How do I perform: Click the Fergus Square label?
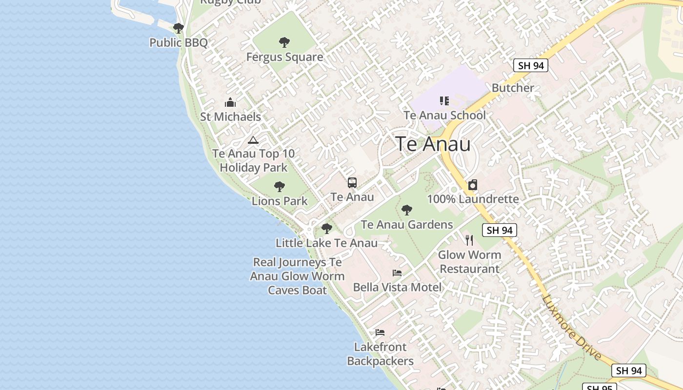pos(284,57)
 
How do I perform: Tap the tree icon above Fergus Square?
pos(284,42)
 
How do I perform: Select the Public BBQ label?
pos(179,42)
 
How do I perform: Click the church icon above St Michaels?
pos(230,102)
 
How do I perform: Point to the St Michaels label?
pos(230,117)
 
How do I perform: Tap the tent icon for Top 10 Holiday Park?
pos(253,140)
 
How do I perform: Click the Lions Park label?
pos(280,201)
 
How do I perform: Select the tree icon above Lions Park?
pos(280,186)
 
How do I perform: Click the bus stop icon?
pos(352,183)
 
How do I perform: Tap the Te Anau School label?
pos(444,116)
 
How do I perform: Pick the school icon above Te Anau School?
pos(444,101)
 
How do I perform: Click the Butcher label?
pos(513,88)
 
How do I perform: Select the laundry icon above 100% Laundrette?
pos(473,185)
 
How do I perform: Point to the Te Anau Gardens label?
pos(407,225)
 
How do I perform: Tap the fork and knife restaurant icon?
pos(469,240)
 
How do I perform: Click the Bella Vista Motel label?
pos(397,287)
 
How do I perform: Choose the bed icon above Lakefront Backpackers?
pos(380,332)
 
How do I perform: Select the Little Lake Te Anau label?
pos(326,243)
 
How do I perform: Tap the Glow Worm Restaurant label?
pos(469,262)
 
